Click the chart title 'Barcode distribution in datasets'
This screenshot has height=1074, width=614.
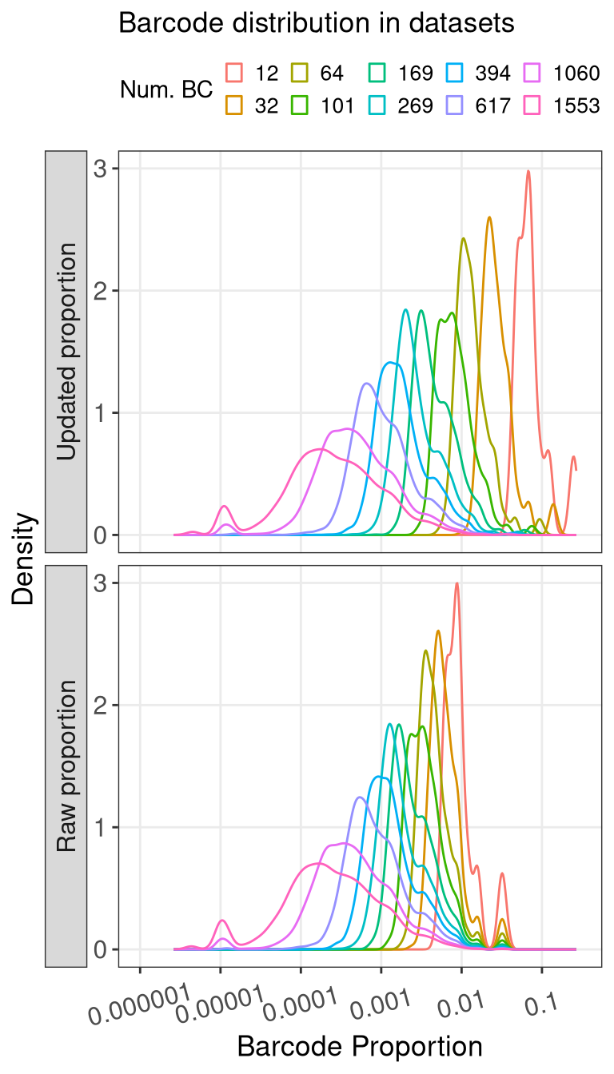316,24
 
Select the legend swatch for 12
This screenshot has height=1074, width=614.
234,74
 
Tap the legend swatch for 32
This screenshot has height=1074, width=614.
234,105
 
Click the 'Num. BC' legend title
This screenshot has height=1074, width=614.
166,89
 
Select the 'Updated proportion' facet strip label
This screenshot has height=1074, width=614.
67,352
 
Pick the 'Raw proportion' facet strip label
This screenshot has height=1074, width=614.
67,766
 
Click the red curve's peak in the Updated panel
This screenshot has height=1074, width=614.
528,170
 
